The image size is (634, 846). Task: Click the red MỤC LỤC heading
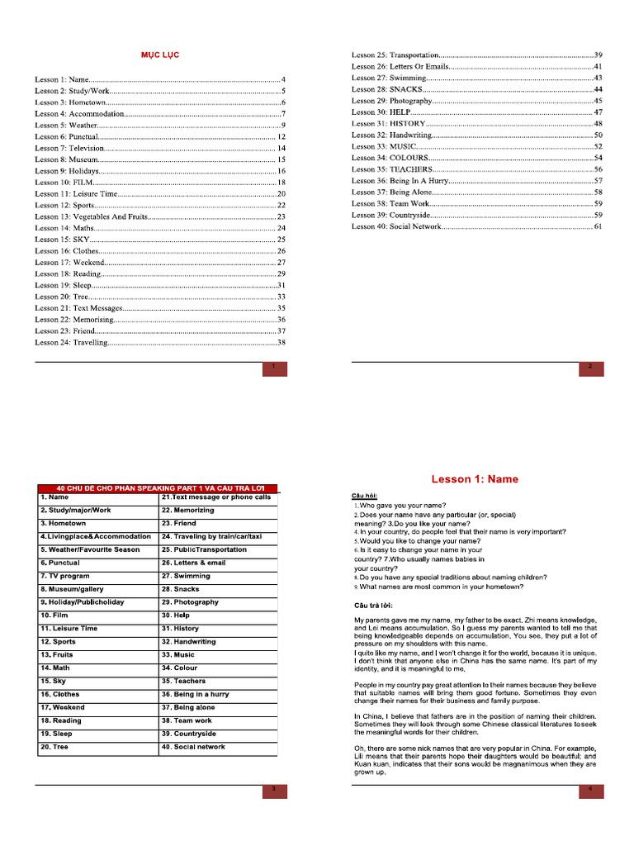(158, 55)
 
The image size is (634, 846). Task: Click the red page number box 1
(274, 368)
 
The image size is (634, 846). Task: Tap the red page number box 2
(591, 368)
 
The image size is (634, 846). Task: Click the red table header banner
(157, 487)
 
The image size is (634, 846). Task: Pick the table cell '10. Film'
(97, 615)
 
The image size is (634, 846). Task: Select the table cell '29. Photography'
(218, 602)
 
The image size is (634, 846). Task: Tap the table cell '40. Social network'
(218, 747)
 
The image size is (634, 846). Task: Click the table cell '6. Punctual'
(97, 563)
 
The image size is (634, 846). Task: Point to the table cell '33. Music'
(218, 654)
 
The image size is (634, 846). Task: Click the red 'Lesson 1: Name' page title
(475, 479)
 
